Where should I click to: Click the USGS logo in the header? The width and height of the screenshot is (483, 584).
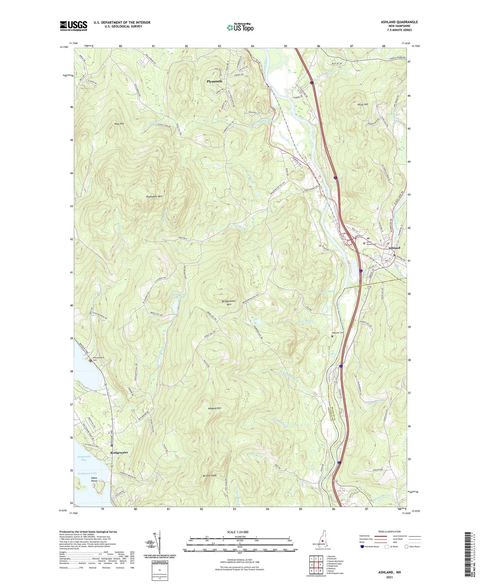point(73,26)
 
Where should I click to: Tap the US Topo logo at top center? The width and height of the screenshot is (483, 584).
point(240,27)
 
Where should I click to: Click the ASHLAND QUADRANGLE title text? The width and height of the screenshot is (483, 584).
point(399,22)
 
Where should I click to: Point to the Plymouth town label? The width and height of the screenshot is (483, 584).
point(214,81)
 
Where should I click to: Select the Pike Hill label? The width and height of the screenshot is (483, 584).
point(119,124)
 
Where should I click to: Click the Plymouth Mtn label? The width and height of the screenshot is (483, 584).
point(154,197)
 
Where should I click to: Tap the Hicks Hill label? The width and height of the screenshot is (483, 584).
point(363,105)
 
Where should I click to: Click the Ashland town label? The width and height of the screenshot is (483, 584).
point(394,248)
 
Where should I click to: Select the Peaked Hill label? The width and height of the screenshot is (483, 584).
point(214,408)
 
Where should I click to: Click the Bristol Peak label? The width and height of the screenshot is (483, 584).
point(210,476)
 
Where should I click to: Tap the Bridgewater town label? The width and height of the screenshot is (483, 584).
point(119,453)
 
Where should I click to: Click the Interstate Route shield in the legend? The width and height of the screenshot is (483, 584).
point(362,547)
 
